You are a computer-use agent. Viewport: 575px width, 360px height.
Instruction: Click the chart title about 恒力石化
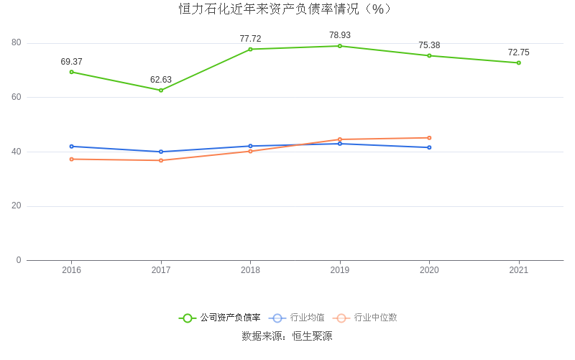[x=286, y=9]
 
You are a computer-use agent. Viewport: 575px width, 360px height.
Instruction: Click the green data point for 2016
[x=72, y=72]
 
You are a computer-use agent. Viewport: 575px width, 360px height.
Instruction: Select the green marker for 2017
[x=161, y=90]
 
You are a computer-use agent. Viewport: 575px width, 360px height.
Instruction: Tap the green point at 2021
[x=518, y=63]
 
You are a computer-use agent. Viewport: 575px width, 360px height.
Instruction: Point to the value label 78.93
[x=340, y=35]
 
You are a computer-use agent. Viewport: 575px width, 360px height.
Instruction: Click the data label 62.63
[x=161, y=80]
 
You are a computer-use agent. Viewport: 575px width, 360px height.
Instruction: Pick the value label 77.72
[x=250, y=39]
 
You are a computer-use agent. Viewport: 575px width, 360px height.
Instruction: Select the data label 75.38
[x=429, y=45]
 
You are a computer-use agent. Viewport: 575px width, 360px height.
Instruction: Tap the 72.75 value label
[x=518, y=52]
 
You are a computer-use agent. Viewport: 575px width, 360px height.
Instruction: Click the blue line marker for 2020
[x=429, y=147]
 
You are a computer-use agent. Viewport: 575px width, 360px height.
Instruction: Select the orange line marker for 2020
[x=429, y=138]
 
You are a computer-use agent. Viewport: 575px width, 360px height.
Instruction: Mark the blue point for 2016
[x=72, y=146]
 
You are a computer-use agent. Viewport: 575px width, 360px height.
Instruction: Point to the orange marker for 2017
[x=161, y=160]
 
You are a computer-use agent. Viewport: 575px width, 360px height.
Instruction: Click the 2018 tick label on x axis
[x=250, y=270]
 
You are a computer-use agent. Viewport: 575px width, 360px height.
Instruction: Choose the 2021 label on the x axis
[x=518, y=270]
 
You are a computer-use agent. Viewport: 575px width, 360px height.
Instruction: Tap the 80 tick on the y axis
[x=17, y=43]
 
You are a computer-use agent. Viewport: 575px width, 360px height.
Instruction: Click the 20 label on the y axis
[x=17, y=206]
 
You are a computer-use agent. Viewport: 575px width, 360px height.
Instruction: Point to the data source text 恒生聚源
[x=312, y=336]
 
